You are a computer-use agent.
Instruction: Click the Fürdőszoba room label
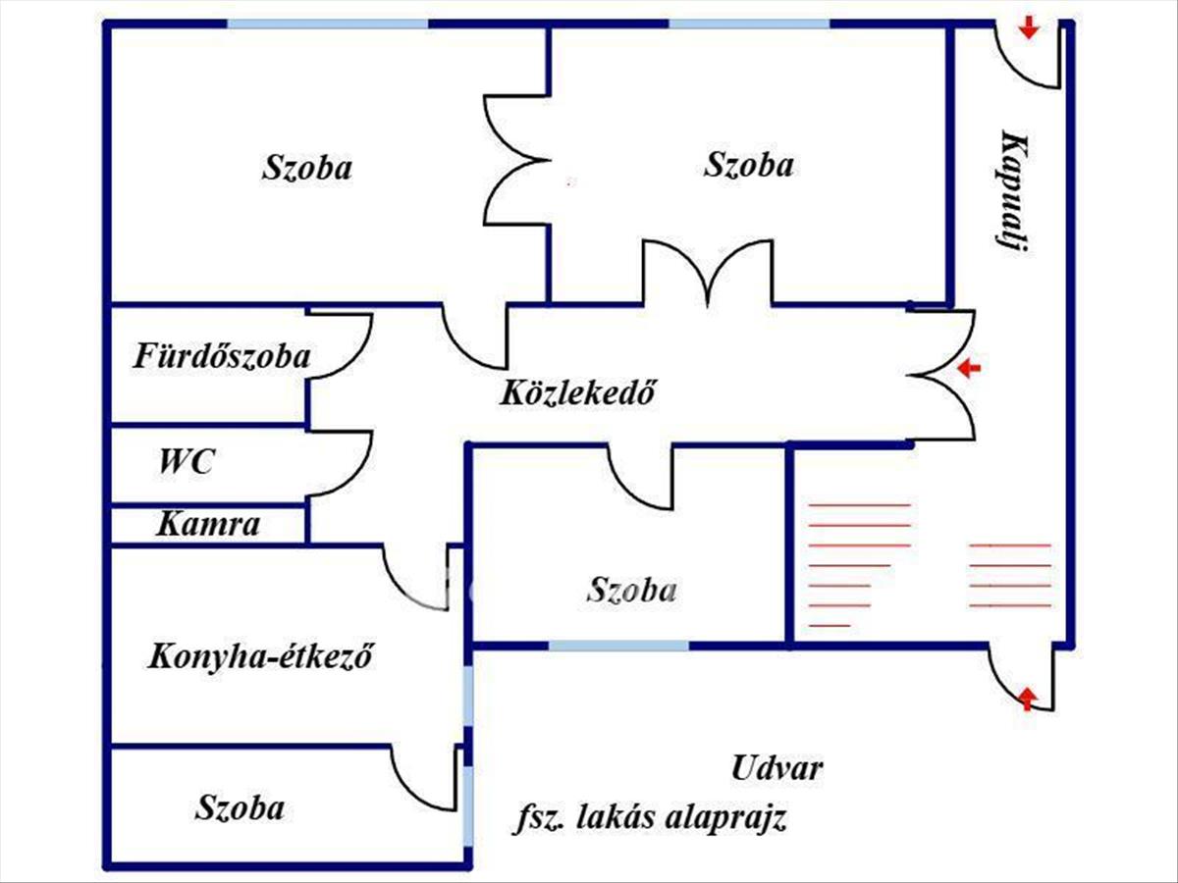click(222, 356)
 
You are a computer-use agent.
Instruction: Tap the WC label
click(187, 461)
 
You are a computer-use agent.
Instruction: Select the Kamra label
click(208, 525)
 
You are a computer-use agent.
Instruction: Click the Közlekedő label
click(577, 394)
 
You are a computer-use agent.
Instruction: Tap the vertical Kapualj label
click(1013, 192)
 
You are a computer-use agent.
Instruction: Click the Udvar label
click(776, 768)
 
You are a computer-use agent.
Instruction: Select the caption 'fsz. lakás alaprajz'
click(650, 818)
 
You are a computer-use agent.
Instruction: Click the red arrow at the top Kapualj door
click(1028, 28)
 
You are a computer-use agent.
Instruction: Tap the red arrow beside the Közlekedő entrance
click(969, 369)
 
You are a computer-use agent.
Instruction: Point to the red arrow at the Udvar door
click(1027, 699)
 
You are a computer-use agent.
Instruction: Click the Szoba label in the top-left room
click(306, 168)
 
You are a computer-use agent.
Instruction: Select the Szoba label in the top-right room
click(749, 165)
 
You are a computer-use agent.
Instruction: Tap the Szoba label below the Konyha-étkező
click(240, 808)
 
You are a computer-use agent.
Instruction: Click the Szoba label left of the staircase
click(632, 591)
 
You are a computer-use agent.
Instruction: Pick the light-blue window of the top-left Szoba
click(328, 23)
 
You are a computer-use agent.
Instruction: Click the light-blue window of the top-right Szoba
click(749, 23)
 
